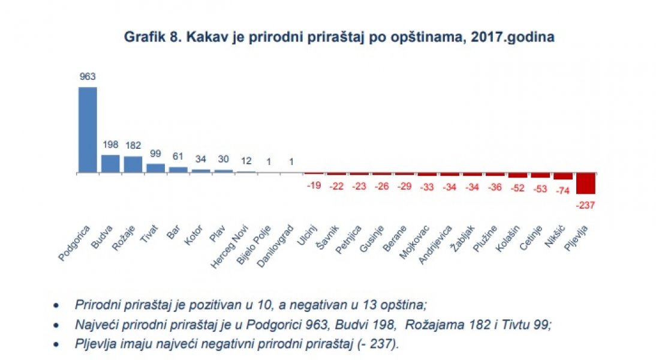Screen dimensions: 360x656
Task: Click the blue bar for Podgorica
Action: [88, 130]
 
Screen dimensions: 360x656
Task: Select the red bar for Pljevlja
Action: [585, 183]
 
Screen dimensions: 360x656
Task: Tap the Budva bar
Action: [110, 164]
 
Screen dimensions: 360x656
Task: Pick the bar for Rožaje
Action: [133, 164]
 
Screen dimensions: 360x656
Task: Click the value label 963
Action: [88, 77]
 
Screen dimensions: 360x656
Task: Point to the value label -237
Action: [585, 205]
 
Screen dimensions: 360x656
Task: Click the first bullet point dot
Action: [56, 305]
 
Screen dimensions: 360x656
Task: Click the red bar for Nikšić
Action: [562, 176]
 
